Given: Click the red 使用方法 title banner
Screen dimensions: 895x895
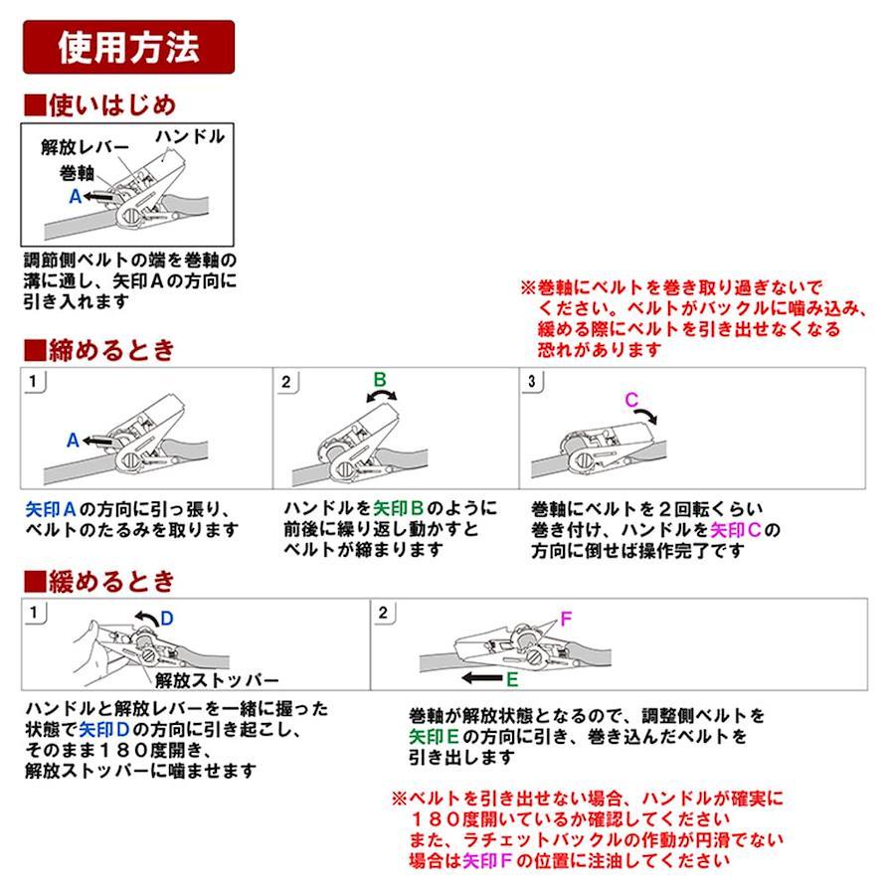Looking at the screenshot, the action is click(x=128, y=47).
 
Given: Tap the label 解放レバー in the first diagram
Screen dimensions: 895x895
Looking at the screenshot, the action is click(x=86, y=147).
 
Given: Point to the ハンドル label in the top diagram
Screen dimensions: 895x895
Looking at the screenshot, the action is click(x=190, y=136).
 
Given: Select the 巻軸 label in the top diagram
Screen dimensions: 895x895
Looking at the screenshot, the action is click(x=77, y=172).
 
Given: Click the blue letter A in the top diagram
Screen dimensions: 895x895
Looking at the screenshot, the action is click(x=75, y=196).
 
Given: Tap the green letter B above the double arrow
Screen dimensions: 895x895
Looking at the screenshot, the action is click(x=380, y=380).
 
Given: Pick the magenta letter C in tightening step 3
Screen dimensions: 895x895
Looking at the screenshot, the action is click(x=631, y=400).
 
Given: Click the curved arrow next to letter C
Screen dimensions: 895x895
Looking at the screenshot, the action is click(x=646, y=414).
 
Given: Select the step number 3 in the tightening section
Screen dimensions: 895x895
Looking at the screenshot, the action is click(x=531, y=381).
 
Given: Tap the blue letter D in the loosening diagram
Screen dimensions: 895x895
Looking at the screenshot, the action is click(x=167, y=619).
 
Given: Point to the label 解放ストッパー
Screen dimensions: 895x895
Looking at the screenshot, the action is click(x=217, y=680).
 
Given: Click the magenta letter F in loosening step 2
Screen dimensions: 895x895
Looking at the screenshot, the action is click(x=566, y=619).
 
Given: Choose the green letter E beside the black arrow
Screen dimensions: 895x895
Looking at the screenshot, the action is click(x=512, y=679).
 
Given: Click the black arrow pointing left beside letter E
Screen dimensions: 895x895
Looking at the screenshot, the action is click(x=481, y=678).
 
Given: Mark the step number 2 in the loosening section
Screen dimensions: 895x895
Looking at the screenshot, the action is click(x=383, y=613).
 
